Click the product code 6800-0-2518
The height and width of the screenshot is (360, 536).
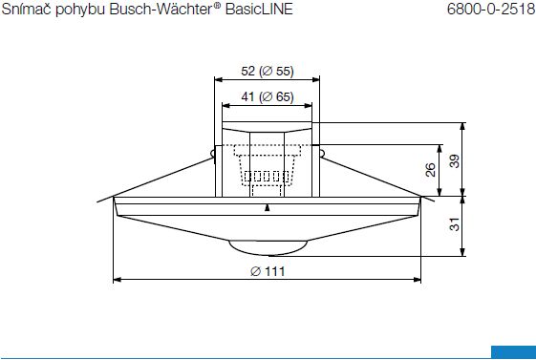point(491,10)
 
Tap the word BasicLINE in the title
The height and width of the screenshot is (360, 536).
point(259,10)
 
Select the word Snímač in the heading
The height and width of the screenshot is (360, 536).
point(27,10)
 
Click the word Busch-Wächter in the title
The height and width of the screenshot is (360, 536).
point(161,10)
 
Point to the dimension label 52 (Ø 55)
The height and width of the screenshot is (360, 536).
point(268,71)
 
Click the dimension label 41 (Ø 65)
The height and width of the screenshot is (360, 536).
point(268,97)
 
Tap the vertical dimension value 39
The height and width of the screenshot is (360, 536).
point(455,161)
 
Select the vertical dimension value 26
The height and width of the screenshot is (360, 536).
point(431,170)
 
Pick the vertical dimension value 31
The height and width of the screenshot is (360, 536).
point(455,224)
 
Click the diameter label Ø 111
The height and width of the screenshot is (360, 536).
point(268,271)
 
